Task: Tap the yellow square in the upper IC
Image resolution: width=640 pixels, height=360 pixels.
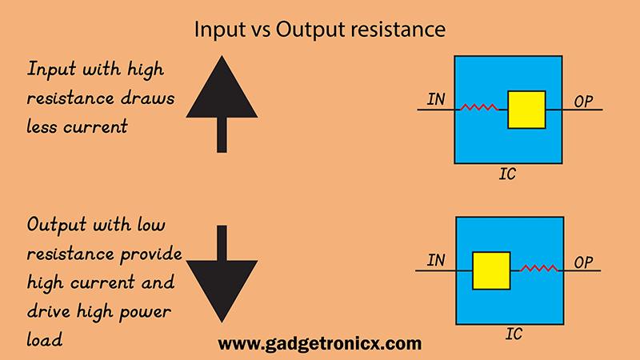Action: pyautogui.click(x=526, y=109)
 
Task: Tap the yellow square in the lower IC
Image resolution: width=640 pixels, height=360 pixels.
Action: pyautogui.click(x=491, y=270)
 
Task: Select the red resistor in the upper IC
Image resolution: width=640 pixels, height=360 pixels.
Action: pyautogui.click(x=479, y=107)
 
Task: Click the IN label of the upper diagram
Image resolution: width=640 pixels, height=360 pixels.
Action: pyautogui.click(x=436, y=100)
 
